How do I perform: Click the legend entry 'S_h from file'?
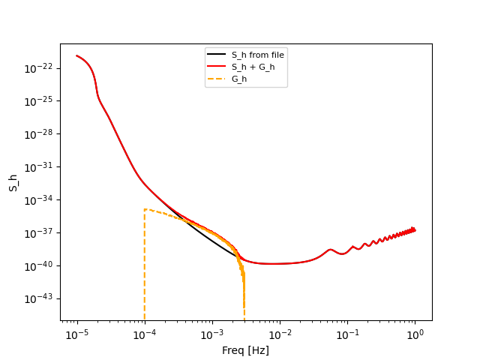(x=257, y=55)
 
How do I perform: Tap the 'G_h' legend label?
(x=239, y=78)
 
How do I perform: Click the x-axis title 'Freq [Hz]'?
(x=245, y=350)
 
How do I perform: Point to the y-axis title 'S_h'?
(x=13, y=182)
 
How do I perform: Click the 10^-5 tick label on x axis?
(x=77, y=334)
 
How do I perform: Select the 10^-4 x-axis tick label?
(x=145, y=334)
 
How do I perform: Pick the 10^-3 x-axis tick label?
(x=212, y=334)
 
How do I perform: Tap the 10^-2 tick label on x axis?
(x=280, y=334)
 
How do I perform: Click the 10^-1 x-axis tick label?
(x=347, y=334)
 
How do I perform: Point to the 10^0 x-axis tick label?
(x=415, y=334)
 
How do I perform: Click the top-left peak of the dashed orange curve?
(x=145, y=209)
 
